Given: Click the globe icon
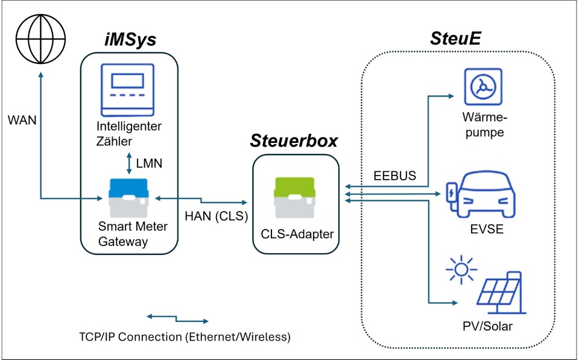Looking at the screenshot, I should click(41, 40).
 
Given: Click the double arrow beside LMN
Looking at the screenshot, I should click(129, 163).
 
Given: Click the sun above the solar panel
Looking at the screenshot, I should click(461, 270).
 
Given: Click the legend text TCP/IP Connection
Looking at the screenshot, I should click(185, 336).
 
